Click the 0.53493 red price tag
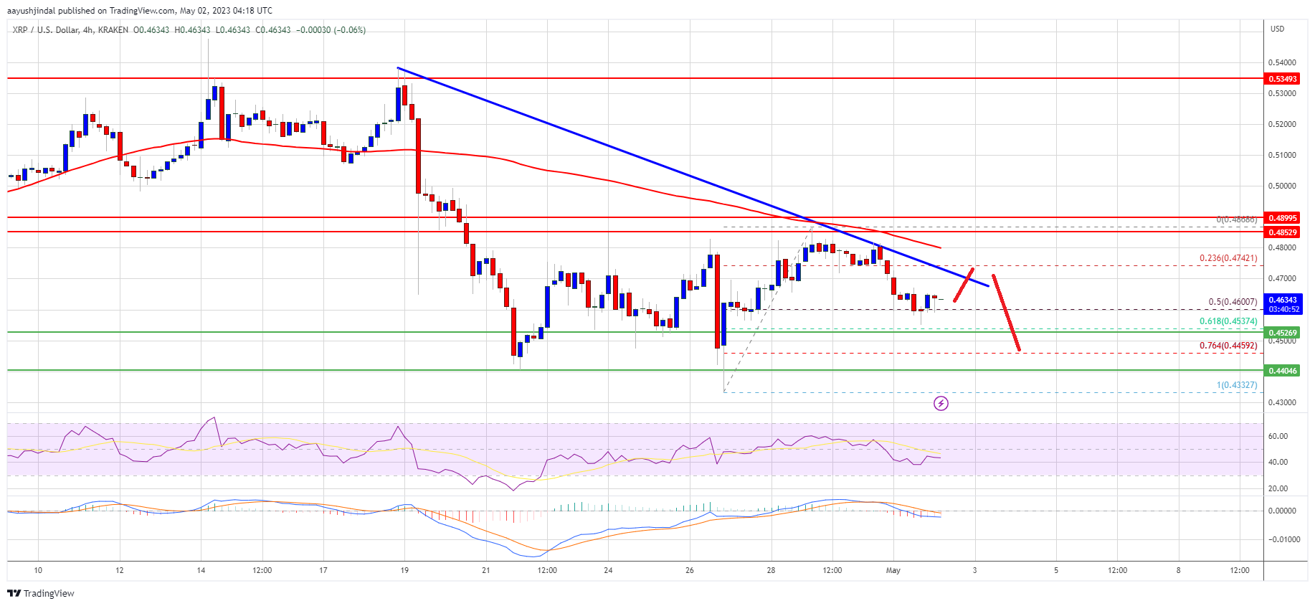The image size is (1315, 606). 1283,79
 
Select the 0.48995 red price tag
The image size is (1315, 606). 1283,218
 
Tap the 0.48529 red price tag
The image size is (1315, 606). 1283,232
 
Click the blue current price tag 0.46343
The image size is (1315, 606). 1283,300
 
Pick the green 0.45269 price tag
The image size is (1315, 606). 1283,333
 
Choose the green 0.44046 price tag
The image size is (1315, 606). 1283,371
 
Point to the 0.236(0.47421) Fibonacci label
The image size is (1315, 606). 1228,258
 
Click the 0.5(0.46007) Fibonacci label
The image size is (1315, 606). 1233,302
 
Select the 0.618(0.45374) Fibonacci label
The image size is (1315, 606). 1228,321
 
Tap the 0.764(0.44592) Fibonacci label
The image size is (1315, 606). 1228,346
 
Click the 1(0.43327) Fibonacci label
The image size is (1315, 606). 1236,385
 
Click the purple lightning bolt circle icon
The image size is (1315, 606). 941,404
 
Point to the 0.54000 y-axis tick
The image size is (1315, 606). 1282,63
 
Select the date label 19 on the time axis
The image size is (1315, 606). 404,571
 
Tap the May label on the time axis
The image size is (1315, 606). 893,571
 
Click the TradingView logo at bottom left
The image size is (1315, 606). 41,593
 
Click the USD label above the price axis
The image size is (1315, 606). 1277,29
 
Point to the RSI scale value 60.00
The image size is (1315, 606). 1278,436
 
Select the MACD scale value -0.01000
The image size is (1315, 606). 1281,539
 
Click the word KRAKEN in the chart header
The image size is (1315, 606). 114,30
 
